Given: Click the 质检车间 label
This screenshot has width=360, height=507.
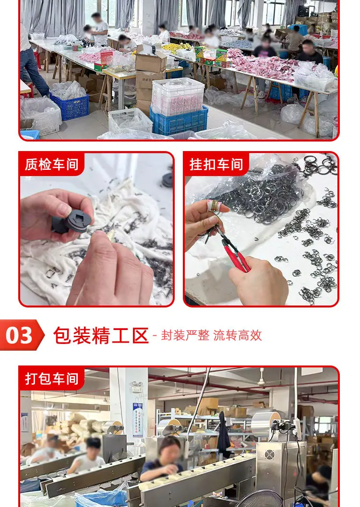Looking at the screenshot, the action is pos(51,164).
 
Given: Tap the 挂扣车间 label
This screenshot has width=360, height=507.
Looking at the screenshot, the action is pos(216,164).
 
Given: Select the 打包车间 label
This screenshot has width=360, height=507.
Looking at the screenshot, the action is pos(51,378).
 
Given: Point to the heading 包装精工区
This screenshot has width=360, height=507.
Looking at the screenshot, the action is pos(101,335).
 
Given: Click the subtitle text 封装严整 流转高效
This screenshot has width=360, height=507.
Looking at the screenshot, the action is pos(212,335).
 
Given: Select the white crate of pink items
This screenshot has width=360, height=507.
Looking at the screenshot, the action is pos(178,96).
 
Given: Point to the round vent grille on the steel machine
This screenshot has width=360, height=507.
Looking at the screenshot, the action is pos(269,455).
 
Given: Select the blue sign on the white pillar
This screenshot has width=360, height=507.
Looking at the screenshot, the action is pos(138,420).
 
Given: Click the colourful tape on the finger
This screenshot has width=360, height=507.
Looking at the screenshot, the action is pos(214,206).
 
